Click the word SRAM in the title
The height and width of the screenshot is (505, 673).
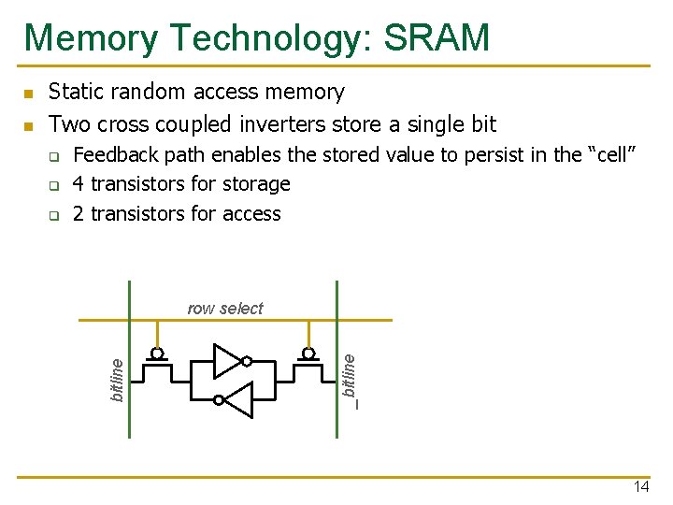pos(436,38)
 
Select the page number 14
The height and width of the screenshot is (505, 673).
pos(641,486)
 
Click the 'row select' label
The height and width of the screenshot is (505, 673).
pos(225,309)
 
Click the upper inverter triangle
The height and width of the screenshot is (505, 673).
pos(226,361)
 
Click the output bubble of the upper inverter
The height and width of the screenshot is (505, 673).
pos(247,361)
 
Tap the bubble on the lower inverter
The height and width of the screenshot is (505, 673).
pos(218,399)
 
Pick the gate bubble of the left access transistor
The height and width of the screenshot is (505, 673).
pos(158,354)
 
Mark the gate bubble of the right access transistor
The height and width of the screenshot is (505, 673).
pos(307,354)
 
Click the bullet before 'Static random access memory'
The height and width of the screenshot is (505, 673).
pos(28,94)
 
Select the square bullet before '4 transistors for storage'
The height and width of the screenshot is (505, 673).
pos(54,185)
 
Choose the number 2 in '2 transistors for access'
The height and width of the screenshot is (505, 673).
pos(79,213)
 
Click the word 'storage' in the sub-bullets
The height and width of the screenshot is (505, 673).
pos(255,184)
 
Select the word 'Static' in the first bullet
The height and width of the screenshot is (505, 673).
pos(75,92)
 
